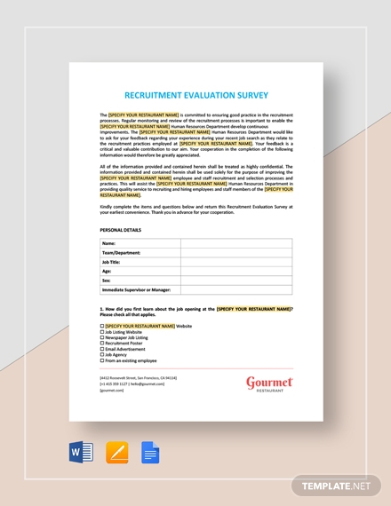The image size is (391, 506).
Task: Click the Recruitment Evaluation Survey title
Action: tap(195, 95)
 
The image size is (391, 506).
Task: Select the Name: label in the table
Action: tap(109, 242)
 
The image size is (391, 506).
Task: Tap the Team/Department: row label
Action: tap(122, 252)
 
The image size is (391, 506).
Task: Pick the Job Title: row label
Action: tap(112, 262)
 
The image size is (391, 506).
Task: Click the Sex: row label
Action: tap(107, 281)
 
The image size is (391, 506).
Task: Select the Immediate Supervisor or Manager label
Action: tap(136, 289)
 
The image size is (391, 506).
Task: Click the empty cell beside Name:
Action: tap(236, 242)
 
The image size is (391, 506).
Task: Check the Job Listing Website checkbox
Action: tap(102, 332)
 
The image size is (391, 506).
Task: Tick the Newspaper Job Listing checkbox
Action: tap(102, 338)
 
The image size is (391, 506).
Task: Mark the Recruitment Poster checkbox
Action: tap(102, 344)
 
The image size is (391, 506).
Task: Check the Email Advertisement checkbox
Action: tap(102, 350)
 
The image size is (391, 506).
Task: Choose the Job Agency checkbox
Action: tap(102, 355)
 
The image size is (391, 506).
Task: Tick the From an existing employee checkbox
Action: tap(102, 361)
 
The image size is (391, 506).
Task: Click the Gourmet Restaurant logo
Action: tap(269, 383)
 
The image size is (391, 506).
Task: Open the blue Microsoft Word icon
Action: tap(81, 453)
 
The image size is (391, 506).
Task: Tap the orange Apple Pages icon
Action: tap(116, 453)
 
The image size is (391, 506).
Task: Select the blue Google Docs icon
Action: tap(150, 453)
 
